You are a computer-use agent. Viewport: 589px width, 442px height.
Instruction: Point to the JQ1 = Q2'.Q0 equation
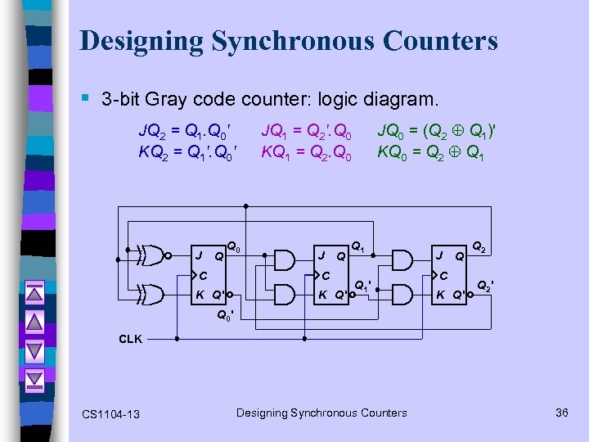click(307, 129)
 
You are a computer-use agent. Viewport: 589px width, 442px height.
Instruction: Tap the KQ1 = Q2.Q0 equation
click(307, 151)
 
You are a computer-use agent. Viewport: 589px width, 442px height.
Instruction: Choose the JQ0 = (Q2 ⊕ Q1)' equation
click(436, 129)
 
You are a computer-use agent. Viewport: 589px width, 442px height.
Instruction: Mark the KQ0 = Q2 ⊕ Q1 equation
click(430, 151)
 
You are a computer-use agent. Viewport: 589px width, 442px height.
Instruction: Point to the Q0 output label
click(233, 245)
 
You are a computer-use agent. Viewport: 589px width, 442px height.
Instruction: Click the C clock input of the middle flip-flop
click(326, 276)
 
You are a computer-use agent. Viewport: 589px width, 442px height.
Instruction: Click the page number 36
click(561, 413)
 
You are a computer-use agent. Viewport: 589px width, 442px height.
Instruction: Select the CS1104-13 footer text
click(110, 414)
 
